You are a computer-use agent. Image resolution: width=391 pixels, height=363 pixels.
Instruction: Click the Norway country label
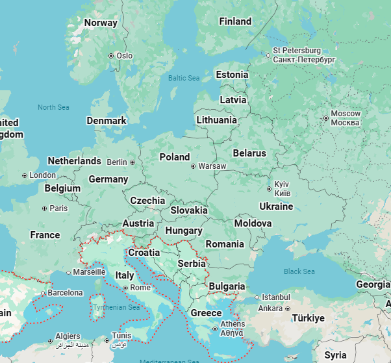tap(101, 23)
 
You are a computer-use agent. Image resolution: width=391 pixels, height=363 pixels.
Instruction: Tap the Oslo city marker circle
tap(111, 56)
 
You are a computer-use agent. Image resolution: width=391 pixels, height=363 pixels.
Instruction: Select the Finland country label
tap(235, 21)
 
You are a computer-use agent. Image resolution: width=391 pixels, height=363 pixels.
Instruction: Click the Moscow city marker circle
tap(325, 118)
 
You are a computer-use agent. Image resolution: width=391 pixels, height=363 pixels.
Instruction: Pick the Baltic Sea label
tap(184, 78)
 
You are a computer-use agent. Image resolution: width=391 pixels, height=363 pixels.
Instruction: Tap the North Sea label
tap(53, 107)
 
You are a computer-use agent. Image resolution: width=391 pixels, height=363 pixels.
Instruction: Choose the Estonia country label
tap(232, 75)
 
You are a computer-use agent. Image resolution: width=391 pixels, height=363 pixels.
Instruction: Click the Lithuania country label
tap(216, 120)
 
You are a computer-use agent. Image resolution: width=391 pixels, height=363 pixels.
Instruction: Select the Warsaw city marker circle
tap(193, 166)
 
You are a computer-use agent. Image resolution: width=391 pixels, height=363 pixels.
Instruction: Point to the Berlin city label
tap(117, 162)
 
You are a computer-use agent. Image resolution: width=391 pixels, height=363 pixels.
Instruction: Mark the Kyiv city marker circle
tap(269, 189)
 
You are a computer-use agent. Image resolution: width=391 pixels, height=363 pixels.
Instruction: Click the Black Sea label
tap(299, 271)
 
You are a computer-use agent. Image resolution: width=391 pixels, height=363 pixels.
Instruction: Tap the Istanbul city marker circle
tap(257, 297)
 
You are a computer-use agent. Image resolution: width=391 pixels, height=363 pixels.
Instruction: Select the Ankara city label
tap(270, 308)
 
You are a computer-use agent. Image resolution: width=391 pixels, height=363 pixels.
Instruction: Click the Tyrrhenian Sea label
tap(116, 307)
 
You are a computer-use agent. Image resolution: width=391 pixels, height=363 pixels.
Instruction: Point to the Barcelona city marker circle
tap(43, 293)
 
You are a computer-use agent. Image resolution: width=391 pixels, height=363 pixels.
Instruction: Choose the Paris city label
tap(59, 208)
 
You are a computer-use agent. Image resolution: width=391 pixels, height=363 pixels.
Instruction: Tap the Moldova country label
tap(253, 223)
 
